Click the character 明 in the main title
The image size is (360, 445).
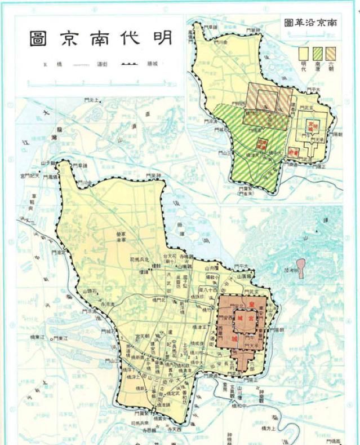coord(159,37)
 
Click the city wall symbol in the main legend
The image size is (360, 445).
coord(130,64)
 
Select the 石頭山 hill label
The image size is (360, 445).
coord(91,291)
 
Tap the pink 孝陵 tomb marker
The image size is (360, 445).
coord(301,267)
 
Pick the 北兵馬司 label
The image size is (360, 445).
coord(139,258)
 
